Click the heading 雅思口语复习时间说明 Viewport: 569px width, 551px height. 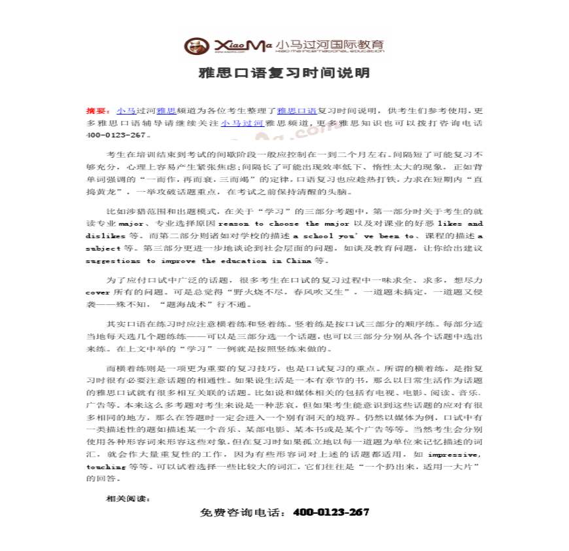click(284, 73)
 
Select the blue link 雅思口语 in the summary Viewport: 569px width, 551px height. click(297, 111)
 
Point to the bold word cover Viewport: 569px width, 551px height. click(97, 292)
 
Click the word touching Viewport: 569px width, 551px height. click(105, 466)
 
